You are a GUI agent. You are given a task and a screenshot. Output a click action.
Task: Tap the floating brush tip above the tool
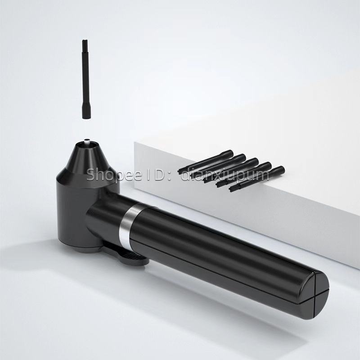coord(86,79)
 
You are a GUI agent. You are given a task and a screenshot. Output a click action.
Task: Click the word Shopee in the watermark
coord(114,175)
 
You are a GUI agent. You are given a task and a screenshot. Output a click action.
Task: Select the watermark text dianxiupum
coord(225,175)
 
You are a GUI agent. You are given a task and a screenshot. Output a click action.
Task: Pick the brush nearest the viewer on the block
coord(257,179)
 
